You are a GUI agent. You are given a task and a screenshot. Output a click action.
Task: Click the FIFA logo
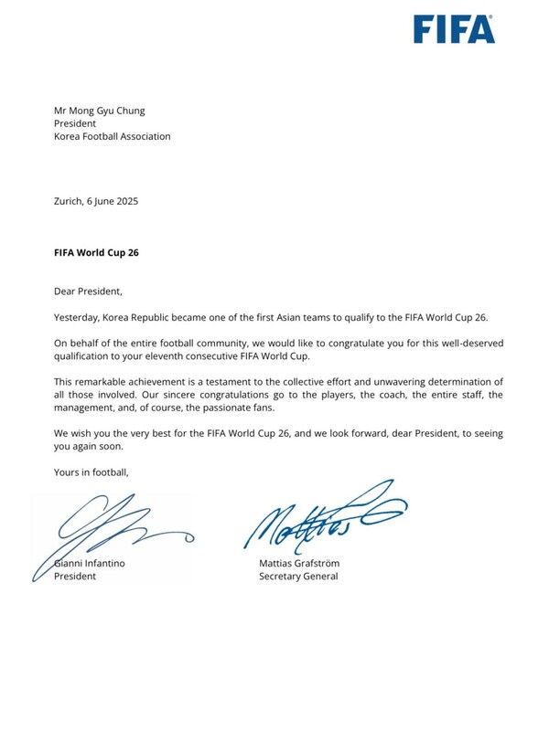(x=454, y=29)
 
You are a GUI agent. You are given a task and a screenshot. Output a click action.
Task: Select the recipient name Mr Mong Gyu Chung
(x=99, y=111)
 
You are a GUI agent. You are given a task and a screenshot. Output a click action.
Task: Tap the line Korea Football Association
(x=113, y=136)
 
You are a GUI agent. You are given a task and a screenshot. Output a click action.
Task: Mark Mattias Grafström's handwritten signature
(x=320, y=519)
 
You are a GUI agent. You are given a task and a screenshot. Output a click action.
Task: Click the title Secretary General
(x=298, y=577)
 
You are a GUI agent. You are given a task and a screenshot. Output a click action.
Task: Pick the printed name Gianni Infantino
(x=91, y=564)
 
